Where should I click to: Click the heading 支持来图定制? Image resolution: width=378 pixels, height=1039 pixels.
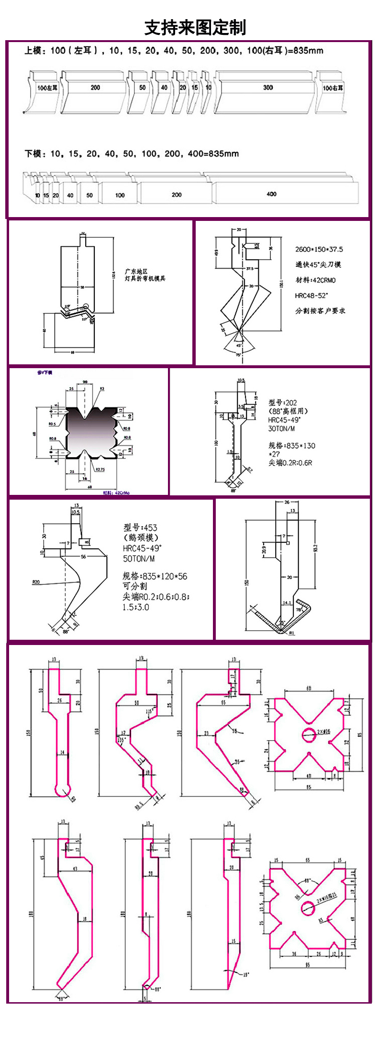pos(195,28)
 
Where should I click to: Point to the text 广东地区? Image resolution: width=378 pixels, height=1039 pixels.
pos(136,271)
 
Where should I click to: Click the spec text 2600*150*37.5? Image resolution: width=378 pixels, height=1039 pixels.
pos(319,249)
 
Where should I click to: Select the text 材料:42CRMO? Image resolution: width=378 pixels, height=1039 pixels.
pos(315,280)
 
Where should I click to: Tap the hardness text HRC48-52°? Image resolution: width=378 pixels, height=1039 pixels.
pos(311,295)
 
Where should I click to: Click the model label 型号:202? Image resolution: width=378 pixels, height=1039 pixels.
pos(282,403)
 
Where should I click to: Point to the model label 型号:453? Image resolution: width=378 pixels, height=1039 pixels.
pos(140,527)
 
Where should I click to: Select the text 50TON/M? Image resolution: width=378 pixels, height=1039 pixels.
pos(139,558)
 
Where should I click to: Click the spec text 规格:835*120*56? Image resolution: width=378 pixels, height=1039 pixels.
pos(155,576)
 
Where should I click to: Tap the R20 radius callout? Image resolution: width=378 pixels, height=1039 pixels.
pos(36,582)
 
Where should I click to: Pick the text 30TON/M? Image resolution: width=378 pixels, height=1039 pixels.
pos(282,429)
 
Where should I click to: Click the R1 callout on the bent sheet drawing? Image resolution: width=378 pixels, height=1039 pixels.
pos(292,634)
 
